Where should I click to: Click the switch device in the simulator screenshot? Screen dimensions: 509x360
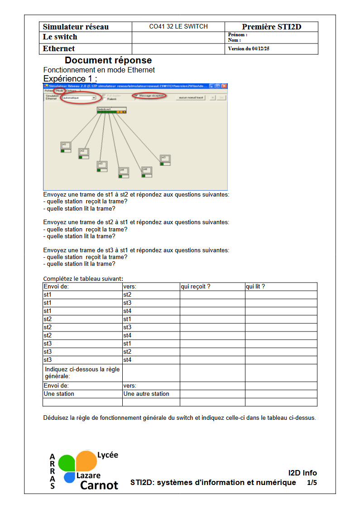pos(111,110)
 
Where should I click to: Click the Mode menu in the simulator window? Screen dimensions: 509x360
pos(59,91)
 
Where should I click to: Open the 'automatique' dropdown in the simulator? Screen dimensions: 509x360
pos(94,97)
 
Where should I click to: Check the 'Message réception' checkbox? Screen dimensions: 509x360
pos(135,96)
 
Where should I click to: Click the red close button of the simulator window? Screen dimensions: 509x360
pos(224,86)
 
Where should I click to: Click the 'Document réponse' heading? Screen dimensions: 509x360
pos(108,60)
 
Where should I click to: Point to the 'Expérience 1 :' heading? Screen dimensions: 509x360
pos(70,78)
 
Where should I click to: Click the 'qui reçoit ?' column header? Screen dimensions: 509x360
pos(196,287)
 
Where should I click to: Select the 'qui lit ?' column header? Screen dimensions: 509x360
pos(255,287)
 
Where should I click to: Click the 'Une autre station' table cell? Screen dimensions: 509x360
pos(146,394)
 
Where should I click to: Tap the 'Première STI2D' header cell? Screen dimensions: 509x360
pos(271,27)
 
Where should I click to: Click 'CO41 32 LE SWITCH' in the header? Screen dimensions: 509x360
pos(178,27)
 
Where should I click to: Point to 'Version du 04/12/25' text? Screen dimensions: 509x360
pos(249,49)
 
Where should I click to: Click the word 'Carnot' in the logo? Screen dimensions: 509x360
pos(99,485)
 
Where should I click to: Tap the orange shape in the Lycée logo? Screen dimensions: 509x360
pos(86,460)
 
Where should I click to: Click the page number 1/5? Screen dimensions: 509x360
pos(312,483)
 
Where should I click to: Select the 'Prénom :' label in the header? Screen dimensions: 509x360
pos(238,35)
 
